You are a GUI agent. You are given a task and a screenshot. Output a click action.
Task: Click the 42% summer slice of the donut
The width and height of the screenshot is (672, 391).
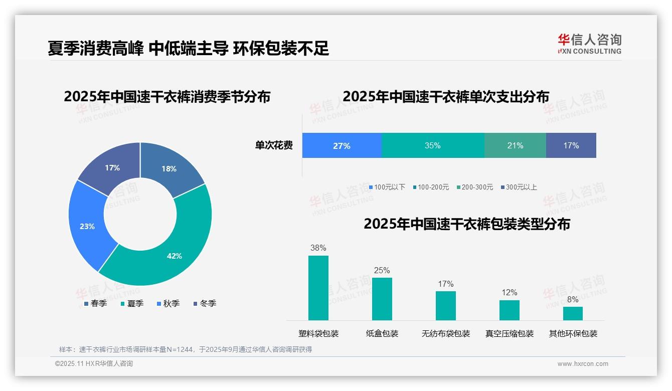point(171,251)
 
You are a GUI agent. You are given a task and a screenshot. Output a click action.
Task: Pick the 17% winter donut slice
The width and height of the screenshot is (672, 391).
point(111,167)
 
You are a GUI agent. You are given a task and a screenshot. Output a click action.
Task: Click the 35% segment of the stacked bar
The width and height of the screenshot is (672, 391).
point(432,145)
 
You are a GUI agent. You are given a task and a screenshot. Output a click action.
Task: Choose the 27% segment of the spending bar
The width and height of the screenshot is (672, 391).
point(342,146)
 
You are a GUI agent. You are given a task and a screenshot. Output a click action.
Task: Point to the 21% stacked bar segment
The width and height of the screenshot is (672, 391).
point(515,145)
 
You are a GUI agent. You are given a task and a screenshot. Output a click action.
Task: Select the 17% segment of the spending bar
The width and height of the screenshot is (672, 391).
point(571,145)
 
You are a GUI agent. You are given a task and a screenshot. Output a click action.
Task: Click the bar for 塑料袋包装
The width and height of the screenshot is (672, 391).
point(318,288)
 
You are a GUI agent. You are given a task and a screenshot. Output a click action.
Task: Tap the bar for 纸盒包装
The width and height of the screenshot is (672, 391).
point(382,299)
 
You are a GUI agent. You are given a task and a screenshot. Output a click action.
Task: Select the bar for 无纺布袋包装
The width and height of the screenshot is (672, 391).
point(446,305)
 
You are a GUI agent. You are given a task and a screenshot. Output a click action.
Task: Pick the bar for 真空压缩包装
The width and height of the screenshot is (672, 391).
point(510,310)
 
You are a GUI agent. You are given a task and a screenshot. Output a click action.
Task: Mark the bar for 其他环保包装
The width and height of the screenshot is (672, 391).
point(573,313)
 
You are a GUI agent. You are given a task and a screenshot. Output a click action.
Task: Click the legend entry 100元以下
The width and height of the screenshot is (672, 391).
point(387,187)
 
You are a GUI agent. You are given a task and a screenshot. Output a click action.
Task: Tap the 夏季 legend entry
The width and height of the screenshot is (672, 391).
point(132,303)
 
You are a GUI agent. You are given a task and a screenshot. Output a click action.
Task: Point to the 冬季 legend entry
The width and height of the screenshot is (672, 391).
point(205,303)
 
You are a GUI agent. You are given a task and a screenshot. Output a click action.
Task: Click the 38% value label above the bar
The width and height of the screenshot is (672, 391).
point(318,248)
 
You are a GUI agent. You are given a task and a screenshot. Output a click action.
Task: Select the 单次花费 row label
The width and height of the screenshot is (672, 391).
point(274,145)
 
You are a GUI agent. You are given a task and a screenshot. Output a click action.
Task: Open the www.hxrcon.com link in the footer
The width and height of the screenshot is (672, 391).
point(583,364)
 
